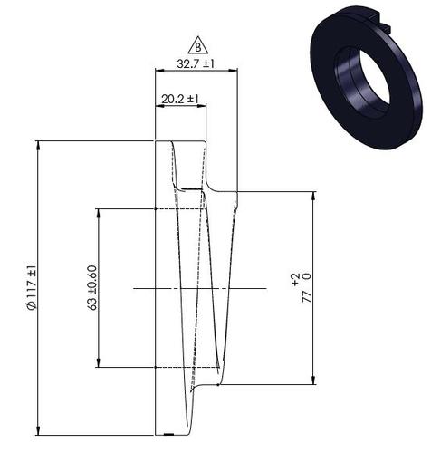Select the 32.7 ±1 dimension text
pyautogui.click(x=195, y=64)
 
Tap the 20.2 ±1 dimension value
pyautogui.click(x=180, y=98)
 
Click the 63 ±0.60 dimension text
pyautogui.click(x=91, y=288)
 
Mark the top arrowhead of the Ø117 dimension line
pyautogui.click(x=39, y=145)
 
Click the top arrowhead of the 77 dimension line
pyautogui.click(x=314, y=196)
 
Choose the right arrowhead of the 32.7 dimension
pyautogui.click(x=234, y=72)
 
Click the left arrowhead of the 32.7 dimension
pyautogui.click(x=158, y=72)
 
